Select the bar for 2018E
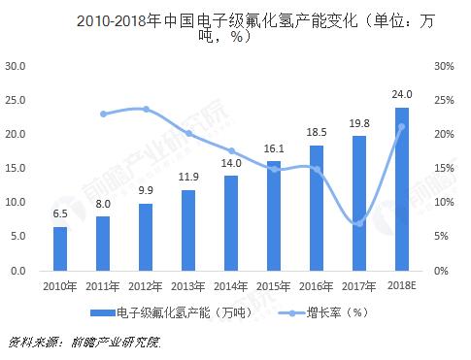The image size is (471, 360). point(402,189)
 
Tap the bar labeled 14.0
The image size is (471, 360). point(231,223)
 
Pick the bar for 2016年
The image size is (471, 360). point(317,208)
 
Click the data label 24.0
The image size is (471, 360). point(402,94)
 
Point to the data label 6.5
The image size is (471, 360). point(60,213)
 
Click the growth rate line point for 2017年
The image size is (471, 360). point(359,223)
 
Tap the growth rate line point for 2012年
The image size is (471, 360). point(146,109)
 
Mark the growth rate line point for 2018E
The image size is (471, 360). point(402,127)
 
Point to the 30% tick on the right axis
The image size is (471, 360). point(444,66)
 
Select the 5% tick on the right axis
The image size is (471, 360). point(441,236)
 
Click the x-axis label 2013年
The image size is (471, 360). point(188,285)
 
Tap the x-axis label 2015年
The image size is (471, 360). point(274,285)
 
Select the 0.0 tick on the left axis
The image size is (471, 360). point(18,270)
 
